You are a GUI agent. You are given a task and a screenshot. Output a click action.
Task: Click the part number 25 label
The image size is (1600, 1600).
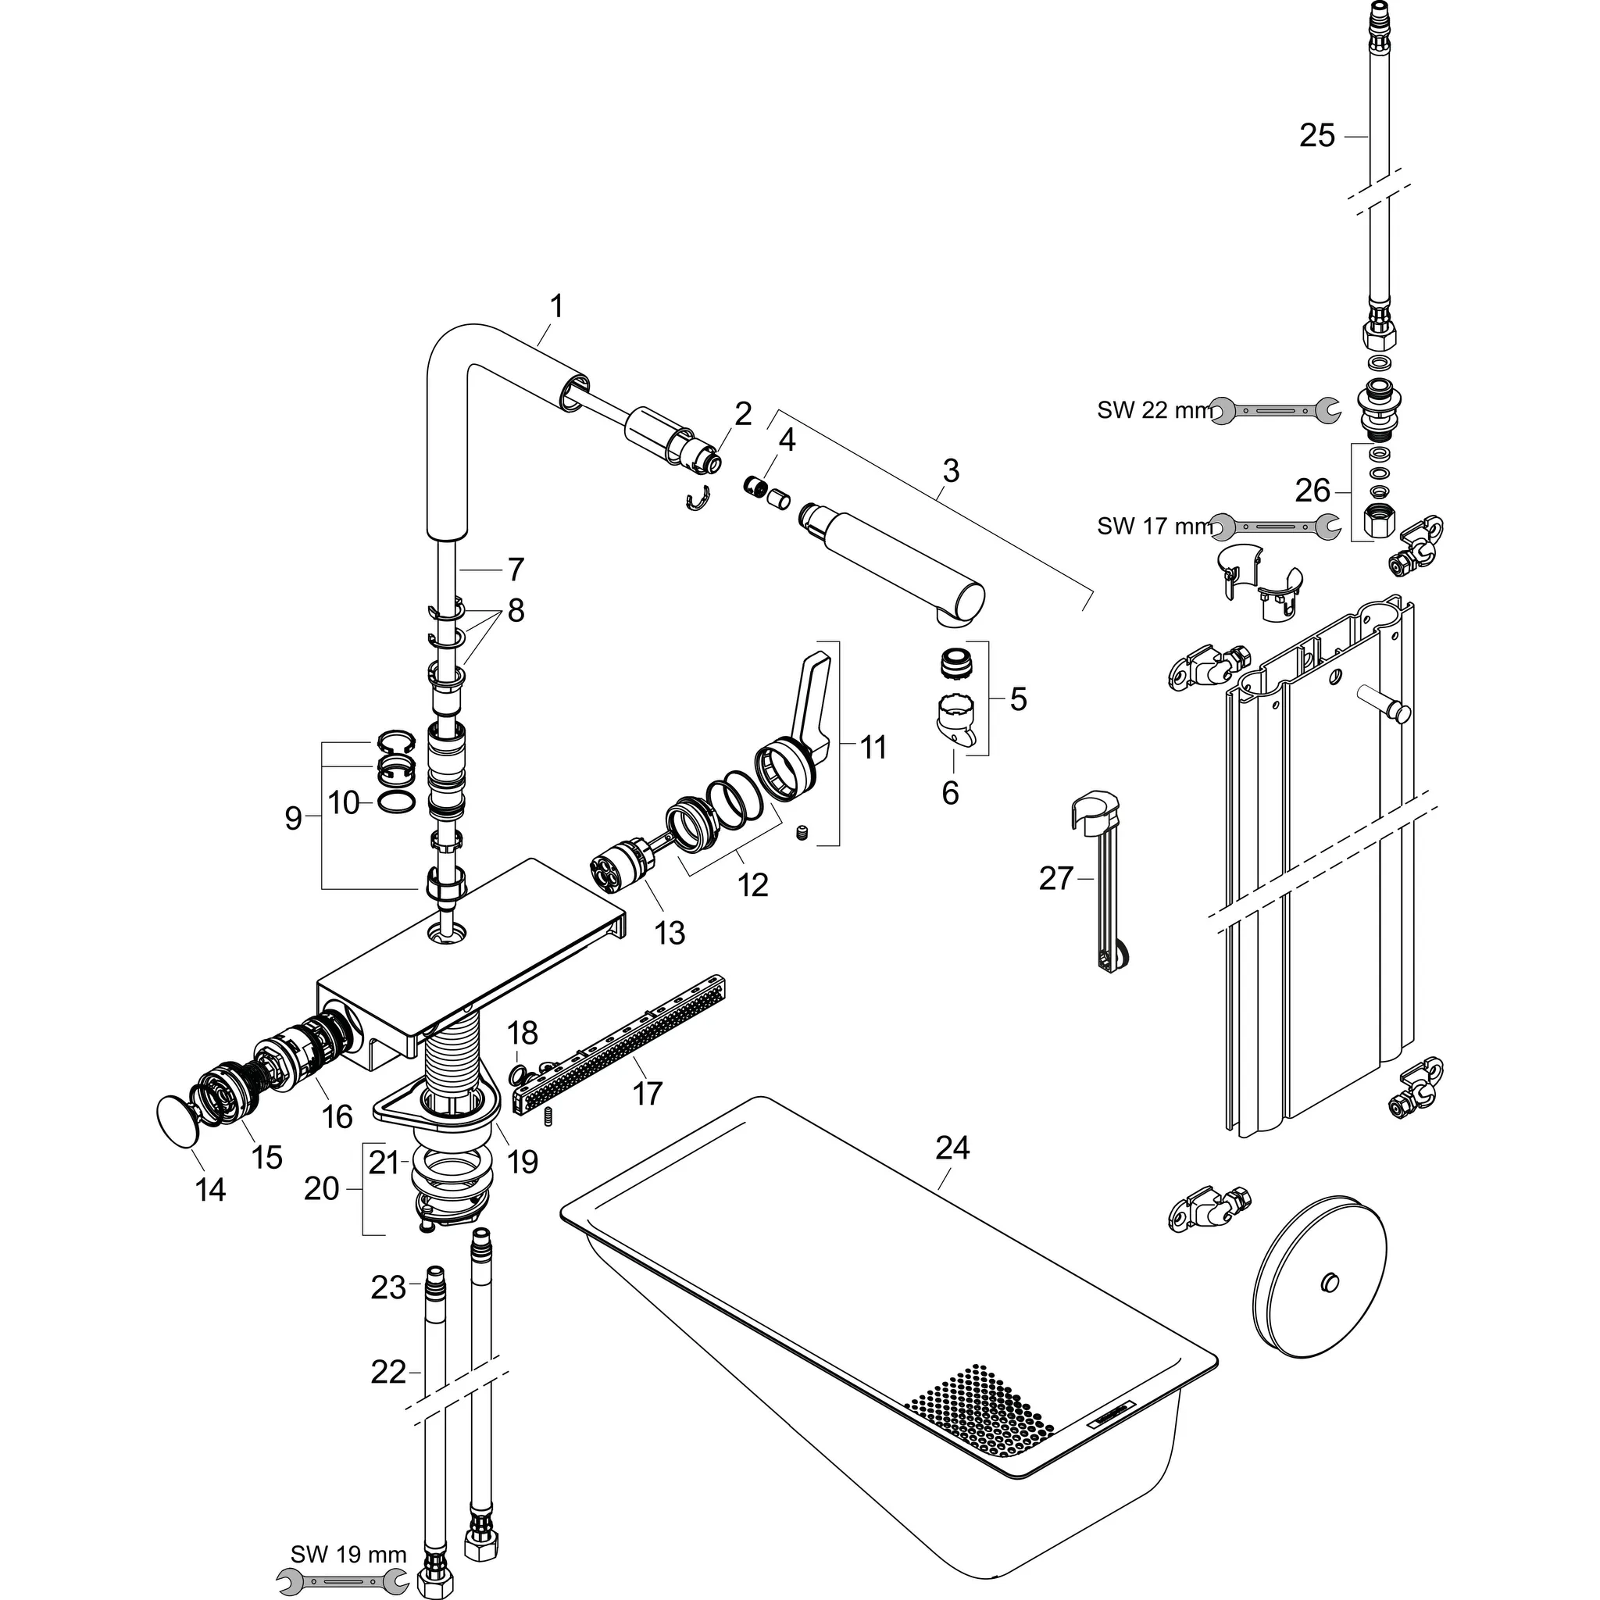coord(1316,136)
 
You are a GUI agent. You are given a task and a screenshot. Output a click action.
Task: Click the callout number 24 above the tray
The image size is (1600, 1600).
coord(952,1148)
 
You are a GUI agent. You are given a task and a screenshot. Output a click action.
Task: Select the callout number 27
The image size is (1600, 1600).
coord(1056,879)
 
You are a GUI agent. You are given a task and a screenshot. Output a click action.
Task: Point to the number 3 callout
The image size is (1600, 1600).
coord(951,470)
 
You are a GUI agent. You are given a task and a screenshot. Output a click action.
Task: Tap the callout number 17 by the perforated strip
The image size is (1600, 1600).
coord(647,1094)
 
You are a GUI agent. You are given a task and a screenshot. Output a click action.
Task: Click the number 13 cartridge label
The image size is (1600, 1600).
coord(670,934)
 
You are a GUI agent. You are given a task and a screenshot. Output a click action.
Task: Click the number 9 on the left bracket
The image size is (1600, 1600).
coord(293,818)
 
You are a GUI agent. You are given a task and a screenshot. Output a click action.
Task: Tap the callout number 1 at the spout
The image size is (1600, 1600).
coord(556,306)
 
